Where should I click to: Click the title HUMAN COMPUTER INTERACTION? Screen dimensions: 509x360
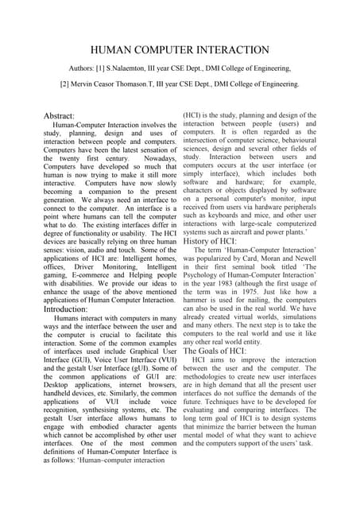(180, 50)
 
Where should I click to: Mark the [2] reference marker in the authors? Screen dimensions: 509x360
(68, 84)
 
